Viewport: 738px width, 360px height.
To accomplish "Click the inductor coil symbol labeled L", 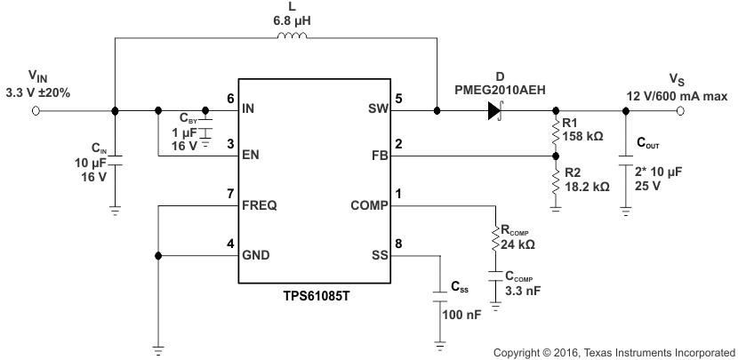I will (294, 37).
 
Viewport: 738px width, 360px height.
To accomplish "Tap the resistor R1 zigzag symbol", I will (555, 132).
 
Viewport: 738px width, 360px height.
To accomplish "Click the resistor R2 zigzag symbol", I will (555, 181).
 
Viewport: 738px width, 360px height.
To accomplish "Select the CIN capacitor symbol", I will (116, 160).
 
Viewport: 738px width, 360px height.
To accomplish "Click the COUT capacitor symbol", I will (626, 163).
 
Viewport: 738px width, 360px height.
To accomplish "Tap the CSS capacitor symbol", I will (439, 294).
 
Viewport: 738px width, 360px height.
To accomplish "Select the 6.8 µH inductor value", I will (294, 19).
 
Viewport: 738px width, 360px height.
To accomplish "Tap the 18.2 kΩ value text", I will (589, 188).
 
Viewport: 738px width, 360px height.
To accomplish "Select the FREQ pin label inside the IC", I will (260, 205).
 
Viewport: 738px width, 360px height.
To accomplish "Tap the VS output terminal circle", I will (681, 111).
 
